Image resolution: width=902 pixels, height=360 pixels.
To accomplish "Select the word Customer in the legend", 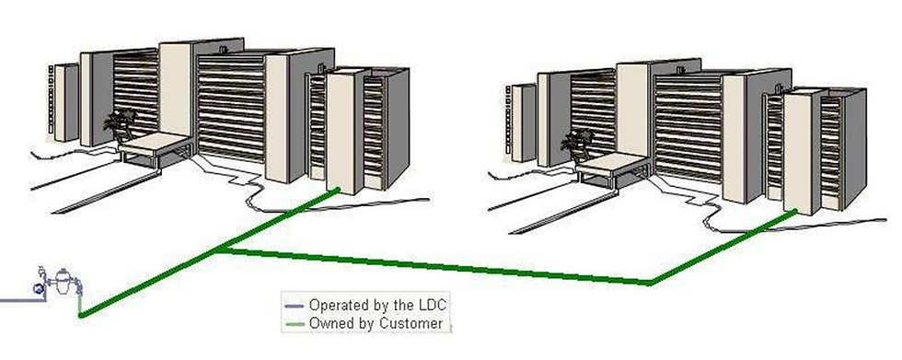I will pos(413,323).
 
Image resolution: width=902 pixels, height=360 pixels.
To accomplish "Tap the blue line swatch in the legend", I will pos(295,305).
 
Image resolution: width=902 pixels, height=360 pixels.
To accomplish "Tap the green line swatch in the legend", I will pos(295,324).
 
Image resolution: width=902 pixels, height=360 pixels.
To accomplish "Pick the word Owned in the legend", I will pos(330,323).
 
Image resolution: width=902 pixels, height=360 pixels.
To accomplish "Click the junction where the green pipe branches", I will pos(221,250).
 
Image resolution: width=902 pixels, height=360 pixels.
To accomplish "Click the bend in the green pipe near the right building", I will pos(652,283).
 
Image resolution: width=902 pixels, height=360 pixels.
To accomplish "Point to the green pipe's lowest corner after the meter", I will pos(81,317).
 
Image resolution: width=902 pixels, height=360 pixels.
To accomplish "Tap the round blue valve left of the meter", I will pos(38,288).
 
